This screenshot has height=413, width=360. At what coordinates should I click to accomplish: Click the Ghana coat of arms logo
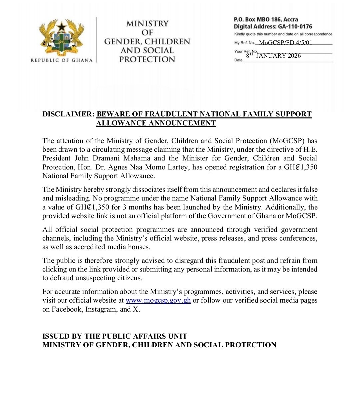(62, 37)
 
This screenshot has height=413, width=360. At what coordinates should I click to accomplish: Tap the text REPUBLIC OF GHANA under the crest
(62, 60)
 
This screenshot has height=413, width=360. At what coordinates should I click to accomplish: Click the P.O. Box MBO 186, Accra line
(266, 20)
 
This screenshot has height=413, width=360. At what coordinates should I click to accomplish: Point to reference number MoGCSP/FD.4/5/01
(286, 42)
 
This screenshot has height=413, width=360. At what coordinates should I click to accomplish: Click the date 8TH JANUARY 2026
(273, 56)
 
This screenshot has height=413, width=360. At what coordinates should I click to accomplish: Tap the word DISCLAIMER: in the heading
(68, 114)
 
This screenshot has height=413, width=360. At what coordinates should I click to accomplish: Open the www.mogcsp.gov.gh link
(158, 300)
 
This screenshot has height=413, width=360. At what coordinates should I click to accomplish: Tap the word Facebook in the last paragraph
(67, 309)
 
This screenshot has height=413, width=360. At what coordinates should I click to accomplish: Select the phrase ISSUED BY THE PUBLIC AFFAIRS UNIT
(115, 336)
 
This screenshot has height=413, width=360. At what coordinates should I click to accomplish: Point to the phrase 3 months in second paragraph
(125, 207)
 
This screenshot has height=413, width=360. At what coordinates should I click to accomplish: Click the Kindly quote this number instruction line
(283, 34)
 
